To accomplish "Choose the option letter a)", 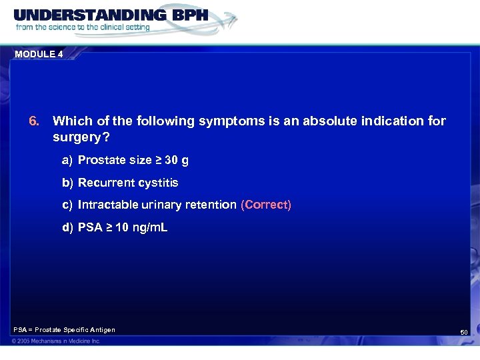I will [x=67, y=160].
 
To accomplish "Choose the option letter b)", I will [x=67, y=183].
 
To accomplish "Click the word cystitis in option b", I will [x=158, y=183].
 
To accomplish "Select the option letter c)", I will [x=67, y=205].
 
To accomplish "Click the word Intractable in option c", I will [x=106, y=205].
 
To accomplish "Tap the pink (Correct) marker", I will [x=266, y=205].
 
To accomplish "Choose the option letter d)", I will [x=67, y=228].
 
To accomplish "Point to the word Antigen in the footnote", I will [x=101, y=330].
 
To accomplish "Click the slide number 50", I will [x=464, y=332].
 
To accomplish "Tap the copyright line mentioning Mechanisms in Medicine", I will [x=56, y=341].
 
